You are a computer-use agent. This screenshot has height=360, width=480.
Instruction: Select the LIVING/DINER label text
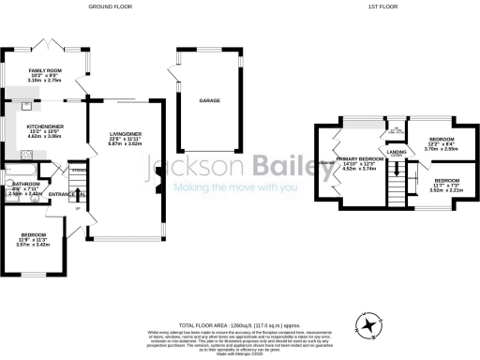(127, 133)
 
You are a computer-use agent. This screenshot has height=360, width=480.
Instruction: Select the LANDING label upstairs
(397, 151)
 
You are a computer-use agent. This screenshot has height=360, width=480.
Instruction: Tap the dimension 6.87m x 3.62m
(127, 144)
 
